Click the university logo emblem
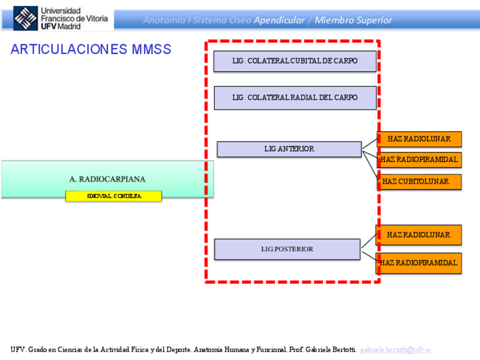pos(25,19)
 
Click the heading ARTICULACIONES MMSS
pos(91,49)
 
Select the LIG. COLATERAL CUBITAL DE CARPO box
pos(295,61)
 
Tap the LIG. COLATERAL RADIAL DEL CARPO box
pos(295,97)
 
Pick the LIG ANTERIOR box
pos(289,149)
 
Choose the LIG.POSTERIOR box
pos(287,249)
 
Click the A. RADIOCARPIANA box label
pos(108,179)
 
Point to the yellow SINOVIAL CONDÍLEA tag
pos(114,196)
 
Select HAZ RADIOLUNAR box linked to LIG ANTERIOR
pos(419,139)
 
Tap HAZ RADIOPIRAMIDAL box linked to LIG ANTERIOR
pos(419,160)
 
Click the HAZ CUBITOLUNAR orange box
pos(419,182)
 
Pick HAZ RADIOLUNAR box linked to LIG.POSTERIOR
pos(419,234)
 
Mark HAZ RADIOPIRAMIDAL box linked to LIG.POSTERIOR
pos(419,263)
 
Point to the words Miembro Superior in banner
pos(353,20)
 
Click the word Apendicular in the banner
pos(279,20)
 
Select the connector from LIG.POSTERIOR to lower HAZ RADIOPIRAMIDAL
pos(369,255)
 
